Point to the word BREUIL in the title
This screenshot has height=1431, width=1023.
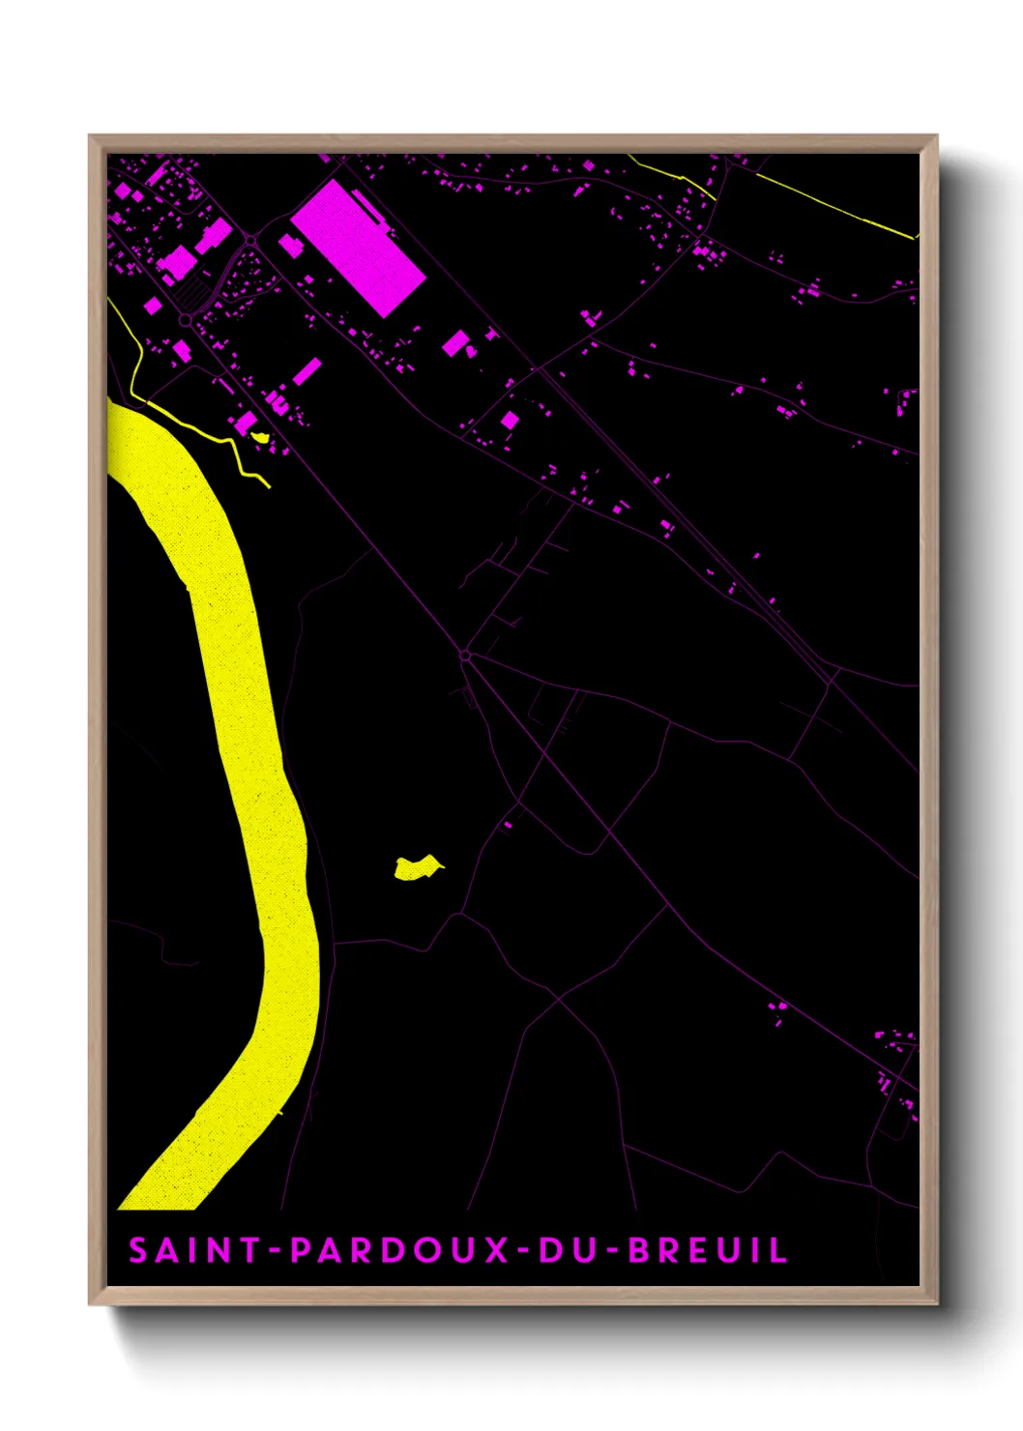click(709, 1250)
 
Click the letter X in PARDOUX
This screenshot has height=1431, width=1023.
click(496, 1250)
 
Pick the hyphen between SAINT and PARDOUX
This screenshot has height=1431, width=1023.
click(275, 1251)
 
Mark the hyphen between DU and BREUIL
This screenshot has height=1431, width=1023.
click(610, 1251)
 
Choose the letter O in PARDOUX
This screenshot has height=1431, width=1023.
click(424, 1250)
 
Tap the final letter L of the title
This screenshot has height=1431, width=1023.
click(777, 1250)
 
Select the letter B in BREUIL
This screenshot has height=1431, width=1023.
click(639, 1250)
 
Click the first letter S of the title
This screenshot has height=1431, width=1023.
click(138, 1250)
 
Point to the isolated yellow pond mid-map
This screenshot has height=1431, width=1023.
click(417, 867)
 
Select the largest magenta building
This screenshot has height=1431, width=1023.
click(358, 248)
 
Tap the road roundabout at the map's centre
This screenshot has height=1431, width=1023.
click(465, 656)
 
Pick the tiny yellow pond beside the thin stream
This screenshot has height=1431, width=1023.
click(259, 436)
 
